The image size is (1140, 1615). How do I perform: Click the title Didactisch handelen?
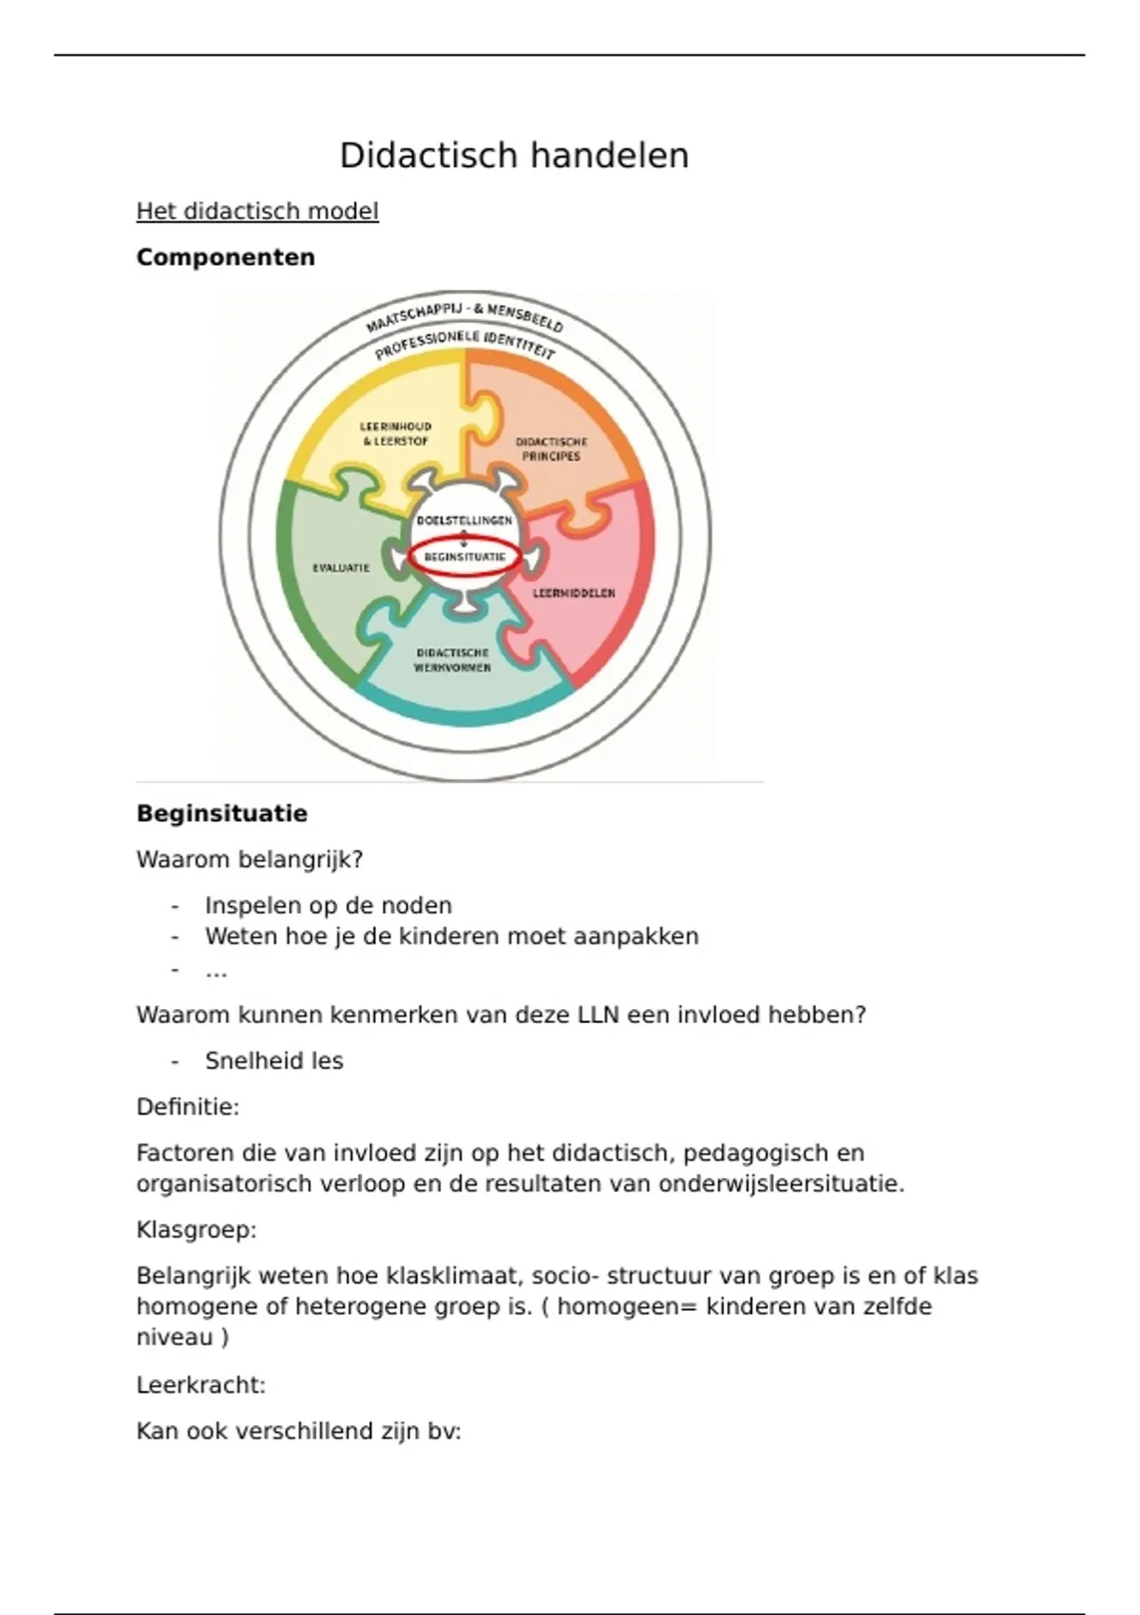coord(514,156)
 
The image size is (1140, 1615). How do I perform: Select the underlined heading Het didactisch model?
coord(257,211)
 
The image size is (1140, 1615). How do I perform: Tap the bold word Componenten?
coord(225,257)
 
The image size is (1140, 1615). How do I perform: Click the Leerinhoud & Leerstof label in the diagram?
coord(395,434)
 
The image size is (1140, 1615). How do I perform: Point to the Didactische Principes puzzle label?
coord(551,448)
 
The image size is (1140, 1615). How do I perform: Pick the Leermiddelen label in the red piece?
coord(574,593)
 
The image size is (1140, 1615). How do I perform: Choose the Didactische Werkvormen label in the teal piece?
coord(453,660)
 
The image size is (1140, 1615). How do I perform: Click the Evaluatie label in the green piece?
coord(341,568)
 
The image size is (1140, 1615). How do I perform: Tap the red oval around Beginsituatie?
coord(465,558)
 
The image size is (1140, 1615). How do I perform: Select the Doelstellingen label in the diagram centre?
coord(465,521)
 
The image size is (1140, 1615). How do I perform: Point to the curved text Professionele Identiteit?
coord(465,343)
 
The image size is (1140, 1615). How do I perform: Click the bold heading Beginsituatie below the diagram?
coord(221,814)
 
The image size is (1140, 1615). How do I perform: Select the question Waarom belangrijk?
coord(250,860)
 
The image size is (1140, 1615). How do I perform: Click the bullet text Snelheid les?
coord(274,1061)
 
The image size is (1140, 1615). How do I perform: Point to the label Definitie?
coord(188,1107)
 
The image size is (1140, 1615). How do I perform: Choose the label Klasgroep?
coord(197,1230)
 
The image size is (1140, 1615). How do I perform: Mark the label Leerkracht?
coord(200,1385)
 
